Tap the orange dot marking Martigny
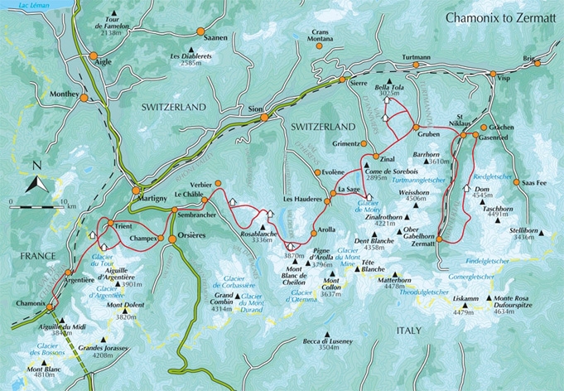click(136, 191)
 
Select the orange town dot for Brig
click(536, 63)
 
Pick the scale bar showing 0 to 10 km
click(36, 202)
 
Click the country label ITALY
click(407, 331)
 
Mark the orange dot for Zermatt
click(440, 239)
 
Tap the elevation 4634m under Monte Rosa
click(511, 312)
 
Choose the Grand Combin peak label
click(228, 296)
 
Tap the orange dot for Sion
click(264, 117)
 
